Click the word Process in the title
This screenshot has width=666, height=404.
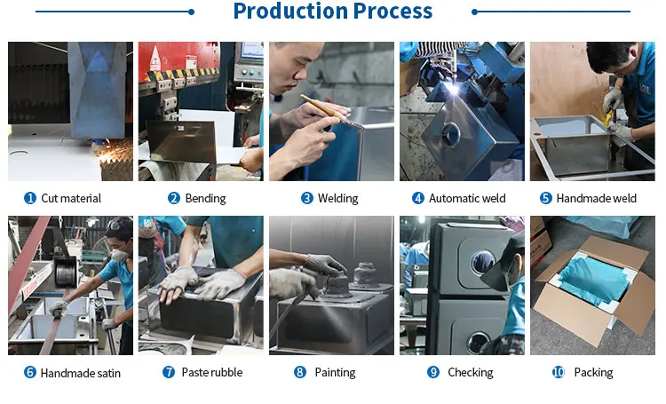point(392,11)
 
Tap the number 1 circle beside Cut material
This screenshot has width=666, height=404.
point(29,198)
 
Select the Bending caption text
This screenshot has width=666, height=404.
point(206,198)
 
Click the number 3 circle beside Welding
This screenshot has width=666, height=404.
point(306,198)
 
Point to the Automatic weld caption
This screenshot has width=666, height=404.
point(467,198)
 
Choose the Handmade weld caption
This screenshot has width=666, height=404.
point(597,198)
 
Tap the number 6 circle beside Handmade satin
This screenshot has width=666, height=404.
point(29,373)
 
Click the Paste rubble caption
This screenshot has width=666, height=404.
point(212,373)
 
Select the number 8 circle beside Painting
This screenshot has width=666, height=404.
point(300,373)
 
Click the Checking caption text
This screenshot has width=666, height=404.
point(470,373)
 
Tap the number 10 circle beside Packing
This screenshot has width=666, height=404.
point(559,373)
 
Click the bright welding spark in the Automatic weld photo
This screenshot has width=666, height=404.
point(454,89)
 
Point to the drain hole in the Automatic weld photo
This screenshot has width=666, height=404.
point(450,133)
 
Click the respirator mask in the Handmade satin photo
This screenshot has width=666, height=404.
point(119,255)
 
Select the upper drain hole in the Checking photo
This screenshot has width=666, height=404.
point(482,261)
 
